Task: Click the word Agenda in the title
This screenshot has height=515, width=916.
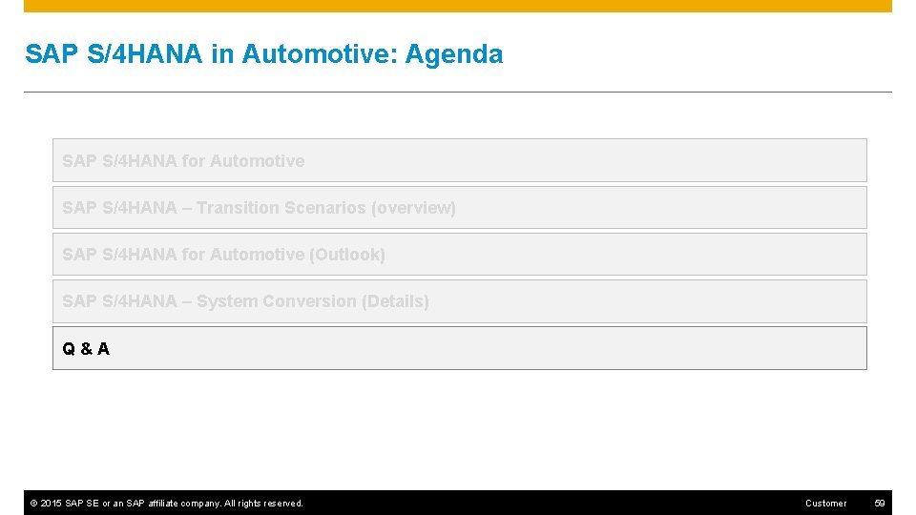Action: [453, 54]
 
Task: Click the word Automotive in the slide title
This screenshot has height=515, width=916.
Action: [319, 54]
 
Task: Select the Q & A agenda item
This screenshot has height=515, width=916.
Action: [86, 349]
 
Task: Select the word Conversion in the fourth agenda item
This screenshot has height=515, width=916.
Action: [308, 301]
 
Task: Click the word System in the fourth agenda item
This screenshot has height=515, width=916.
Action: [227, 301]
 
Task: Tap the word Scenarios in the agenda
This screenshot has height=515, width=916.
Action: [325, 208]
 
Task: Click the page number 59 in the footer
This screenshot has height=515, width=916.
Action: [880, 504]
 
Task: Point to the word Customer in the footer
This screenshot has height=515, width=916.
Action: [825, 504]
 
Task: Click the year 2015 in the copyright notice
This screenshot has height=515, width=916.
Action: [52, 504]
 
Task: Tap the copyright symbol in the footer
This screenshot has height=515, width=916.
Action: [33, 504]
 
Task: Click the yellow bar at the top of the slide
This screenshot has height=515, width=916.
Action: [458, 6]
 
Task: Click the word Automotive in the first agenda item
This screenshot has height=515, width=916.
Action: [257, 161]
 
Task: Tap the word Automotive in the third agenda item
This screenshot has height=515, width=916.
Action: [257, 255]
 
